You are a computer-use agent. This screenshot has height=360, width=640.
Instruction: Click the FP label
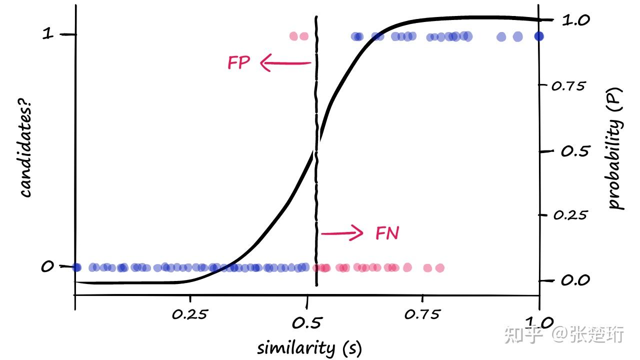click(x=238, y=63)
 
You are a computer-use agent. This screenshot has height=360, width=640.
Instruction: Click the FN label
click(x=387, y=233)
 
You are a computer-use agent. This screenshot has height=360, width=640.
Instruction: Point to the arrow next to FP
click(x=285, y=63)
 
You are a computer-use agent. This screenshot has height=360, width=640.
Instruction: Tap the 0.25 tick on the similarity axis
click(x=189, y=314)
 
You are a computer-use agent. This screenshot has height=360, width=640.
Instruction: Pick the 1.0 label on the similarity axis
click(x=538, y=321)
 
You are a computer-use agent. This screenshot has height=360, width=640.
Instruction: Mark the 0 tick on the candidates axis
click(x=47, y=266)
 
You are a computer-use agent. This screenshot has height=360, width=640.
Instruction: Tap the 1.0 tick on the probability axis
click(x=576, y=20)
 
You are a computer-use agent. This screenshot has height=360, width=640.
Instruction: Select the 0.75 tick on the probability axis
click(x=567, y=86)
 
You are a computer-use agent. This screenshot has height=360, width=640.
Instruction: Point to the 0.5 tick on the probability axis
click(x=572, y=151)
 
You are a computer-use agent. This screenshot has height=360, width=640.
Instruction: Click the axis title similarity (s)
click(x=309, y=347)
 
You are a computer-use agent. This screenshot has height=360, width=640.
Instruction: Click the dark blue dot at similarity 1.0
click(x=538, y=36)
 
